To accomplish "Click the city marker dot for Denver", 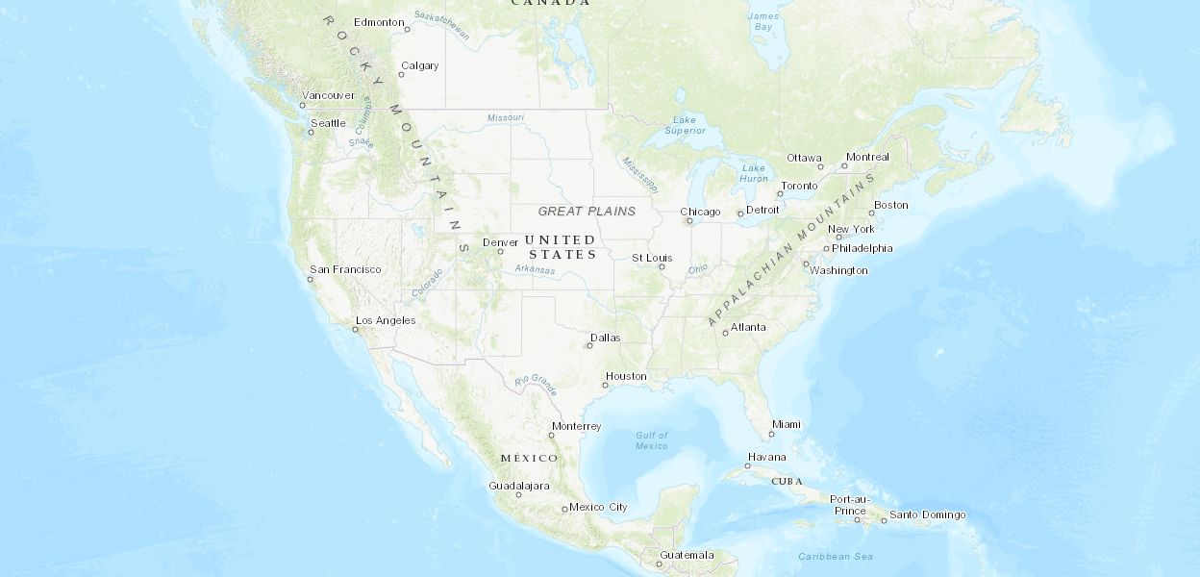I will (500, 252).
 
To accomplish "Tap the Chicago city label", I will (700, 212).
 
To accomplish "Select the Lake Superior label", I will (685, 125).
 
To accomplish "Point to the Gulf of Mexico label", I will (651, 440).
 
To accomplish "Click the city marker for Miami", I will (771, 434).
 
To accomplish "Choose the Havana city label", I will (766, 457).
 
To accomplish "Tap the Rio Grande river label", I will (536, 384).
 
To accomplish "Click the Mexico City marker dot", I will (564, 509).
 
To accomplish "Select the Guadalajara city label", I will (519, 486).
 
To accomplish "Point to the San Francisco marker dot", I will (311, 280).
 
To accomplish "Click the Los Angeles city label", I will (386, 320).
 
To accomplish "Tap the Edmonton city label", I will (379, 22).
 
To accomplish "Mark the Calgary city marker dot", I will (401, 75).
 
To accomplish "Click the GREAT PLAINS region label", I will (587, 211).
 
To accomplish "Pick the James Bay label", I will (763, 21).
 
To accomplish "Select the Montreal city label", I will (867, 157).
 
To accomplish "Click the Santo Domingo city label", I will (927, 514).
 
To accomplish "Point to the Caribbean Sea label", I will (836, 556).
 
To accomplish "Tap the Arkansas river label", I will (535, 270).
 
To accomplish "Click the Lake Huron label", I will (754, 173).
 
